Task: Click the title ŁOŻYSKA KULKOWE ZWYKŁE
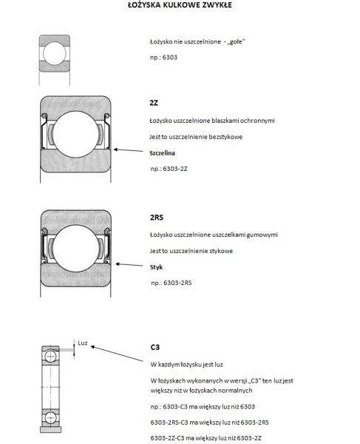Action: pos(180,5)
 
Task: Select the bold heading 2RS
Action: pos(157,218)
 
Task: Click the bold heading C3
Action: pos(154,346)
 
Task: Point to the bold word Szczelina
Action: pos(164,151)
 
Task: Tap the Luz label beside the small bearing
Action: pos(82,343)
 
